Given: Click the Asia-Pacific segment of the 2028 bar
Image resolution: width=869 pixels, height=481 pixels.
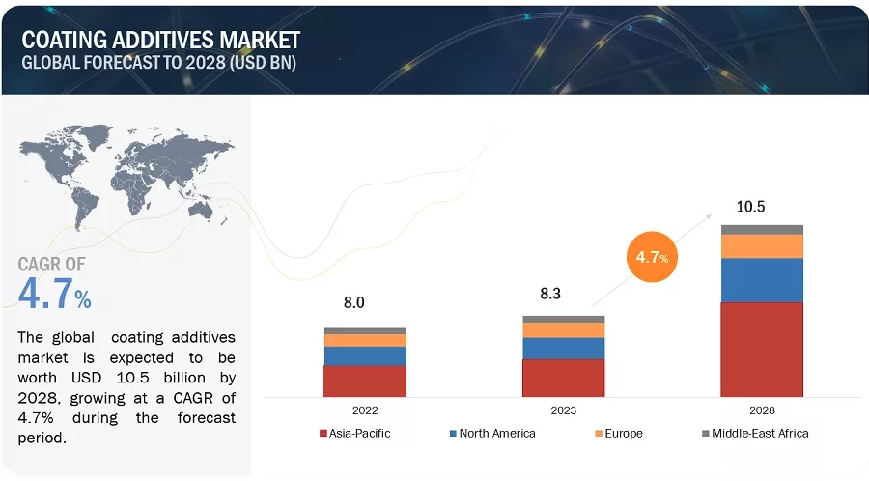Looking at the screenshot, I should (x=762, y=349).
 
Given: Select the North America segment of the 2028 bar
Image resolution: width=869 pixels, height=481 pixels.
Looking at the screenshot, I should (x=762, y=280).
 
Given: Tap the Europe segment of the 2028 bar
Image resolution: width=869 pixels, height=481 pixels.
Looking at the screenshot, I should (x=762, y=246).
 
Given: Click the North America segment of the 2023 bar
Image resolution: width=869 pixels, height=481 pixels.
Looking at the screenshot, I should (x=563, y=348).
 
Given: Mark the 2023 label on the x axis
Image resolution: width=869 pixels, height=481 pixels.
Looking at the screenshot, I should (x=563, y=410).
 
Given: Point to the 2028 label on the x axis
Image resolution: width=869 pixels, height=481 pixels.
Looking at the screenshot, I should (x=762, y=410).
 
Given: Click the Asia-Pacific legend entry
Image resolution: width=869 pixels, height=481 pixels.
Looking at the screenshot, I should (x=358, y=433).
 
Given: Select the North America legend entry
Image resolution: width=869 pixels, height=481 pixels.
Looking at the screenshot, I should (x=494, y=433).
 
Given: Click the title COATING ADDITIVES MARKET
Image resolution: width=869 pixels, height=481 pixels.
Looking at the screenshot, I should (x=161, y=40).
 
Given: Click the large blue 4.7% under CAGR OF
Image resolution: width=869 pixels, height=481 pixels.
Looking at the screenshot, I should (x=55, y=294).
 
